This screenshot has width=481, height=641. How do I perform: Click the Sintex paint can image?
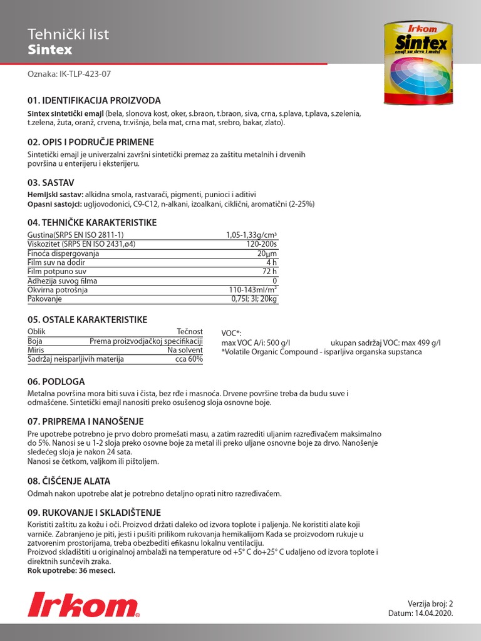click(x=418, y=63)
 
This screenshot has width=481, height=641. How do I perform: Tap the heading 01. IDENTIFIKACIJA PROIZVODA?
click(x=94, y=100)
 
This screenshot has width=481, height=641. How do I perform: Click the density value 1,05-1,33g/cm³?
click(x=251, y=235)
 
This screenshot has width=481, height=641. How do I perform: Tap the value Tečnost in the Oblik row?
click(x=190, y=332)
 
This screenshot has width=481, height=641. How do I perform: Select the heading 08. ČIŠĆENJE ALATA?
click(x=69, y=481)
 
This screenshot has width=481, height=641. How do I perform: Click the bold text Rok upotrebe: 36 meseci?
click(x=71, y=571)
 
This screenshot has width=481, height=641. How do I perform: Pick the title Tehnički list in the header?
click(x=69, y=34)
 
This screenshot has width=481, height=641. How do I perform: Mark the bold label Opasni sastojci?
click(x=54, y=204)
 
